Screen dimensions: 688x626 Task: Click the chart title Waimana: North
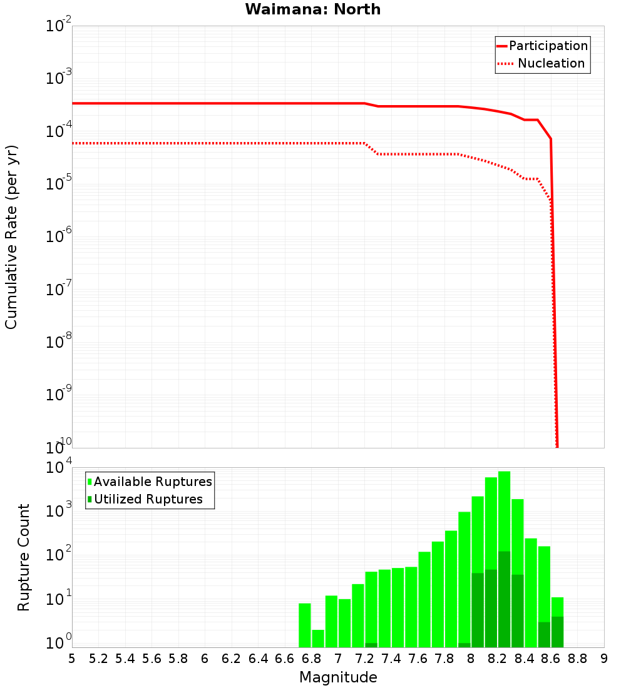[312, 9]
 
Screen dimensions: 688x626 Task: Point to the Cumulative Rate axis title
[11, 237]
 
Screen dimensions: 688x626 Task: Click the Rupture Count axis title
[24, 557]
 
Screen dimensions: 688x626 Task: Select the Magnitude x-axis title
[338, 677]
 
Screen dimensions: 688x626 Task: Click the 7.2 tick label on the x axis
[365, 658]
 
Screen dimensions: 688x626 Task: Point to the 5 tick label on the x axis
[72, 658]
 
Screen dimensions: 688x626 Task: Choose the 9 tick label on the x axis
[604, 658]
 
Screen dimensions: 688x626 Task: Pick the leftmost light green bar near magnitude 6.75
[305, 625]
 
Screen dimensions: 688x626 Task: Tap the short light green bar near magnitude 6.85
[318, 639]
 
